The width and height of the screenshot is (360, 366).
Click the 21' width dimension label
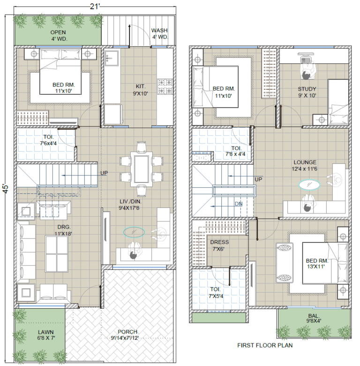95,6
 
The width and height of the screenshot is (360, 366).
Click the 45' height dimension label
6,189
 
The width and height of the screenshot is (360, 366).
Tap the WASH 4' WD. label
160,34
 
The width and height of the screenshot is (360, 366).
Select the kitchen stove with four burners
165,86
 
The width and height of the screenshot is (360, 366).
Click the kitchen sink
112,58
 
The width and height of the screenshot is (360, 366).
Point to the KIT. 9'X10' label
140,90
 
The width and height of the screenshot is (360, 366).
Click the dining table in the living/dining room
141,169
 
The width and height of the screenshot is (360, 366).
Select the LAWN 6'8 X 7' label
46,335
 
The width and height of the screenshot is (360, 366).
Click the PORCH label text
127,332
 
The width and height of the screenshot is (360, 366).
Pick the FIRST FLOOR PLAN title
265,345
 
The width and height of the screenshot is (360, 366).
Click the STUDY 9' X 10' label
307,92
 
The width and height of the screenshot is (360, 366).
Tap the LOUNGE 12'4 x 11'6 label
305,166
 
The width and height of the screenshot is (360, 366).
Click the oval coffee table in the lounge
309,184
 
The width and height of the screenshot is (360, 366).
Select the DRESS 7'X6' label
219,245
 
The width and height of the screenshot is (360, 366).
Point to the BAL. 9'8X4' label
314,319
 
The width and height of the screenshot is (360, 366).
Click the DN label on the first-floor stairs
239,204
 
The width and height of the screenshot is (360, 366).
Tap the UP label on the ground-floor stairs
104,173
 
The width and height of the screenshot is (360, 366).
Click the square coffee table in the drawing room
56,254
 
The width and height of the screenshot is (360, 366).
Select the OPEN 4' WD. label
58,36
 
